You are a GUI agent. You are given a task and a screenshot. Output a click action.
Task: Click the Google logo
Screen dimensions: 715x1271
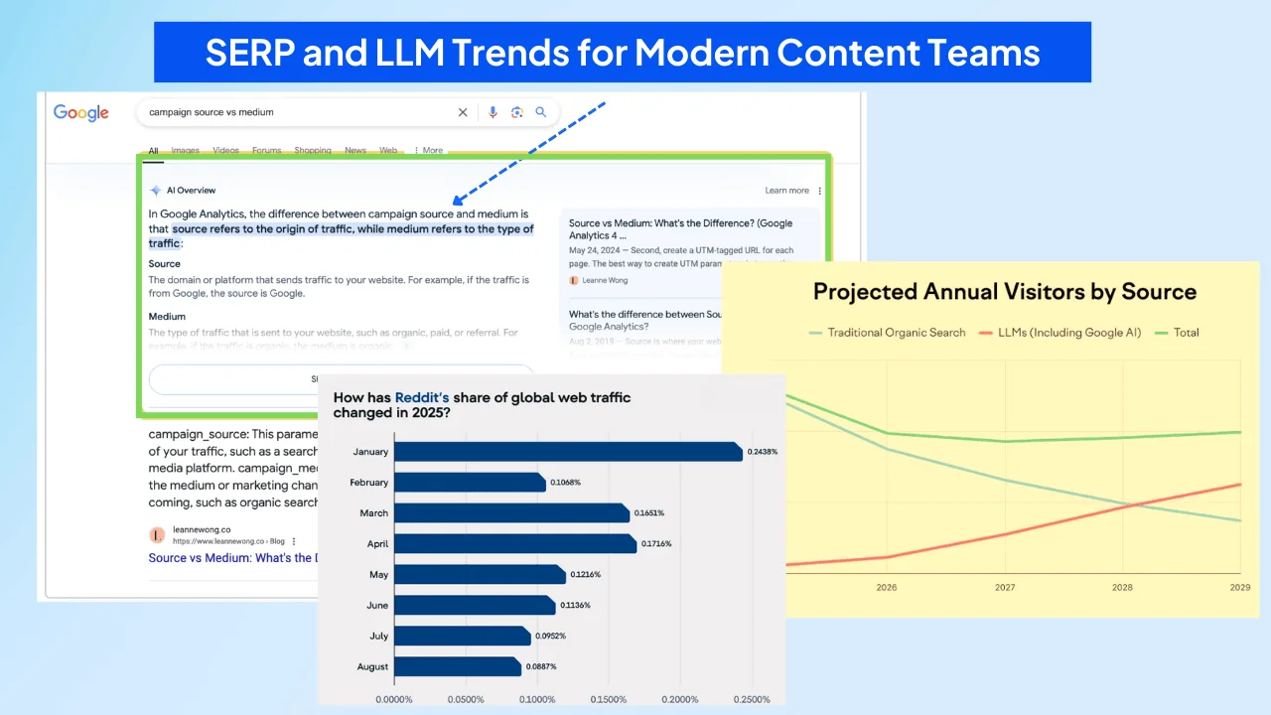81,112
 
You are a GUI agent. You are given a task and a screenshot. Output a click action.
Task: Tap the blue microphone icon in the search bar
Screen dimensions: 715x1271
493,112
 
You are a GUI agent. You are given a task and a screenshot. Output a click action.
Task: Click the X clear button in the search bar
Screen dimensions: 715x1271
463,112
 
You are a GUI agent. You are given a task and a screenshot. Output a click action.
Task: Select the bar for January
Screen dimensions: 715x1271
568,452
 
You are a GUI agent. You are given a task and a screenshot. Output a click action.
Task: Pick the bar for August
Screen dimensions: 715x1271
458,666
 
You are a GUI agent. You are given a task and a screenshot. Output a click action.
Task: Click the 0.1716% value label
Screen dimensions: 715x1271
656,544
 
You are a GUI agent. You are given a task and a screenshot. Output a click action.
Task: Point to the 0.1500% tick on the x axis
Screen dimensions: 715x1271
609,700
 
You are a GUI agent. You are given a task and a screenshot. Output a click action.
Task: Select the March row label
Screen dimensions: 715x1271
374,513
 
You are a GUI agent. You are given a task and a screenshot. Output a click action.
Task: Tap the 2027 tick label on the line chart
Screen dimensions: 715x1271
1005,588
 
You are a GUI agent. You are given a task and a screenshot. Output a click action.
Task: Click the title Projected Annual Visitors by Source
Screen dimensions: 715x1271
1004,292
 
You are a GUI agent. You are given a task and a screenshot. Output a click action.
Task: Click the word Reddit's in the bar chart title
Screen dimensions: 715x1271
422,398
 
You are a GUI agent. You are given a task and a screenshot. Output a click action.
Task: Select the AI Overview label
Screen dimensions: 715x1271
191,191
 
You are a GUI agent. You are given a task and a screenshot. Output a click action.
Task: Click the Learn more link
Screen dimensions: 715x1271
786,191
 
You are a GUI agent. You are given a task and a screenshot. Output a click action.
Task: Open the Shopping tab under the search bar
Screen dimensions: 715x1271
313,151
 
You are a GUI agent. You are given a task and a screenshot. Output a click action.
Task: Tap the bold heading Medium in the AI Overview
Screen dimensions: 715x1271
167,317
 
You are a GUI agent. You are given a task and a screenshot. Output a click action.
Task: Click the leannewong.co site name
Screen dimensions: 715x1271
202,530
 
